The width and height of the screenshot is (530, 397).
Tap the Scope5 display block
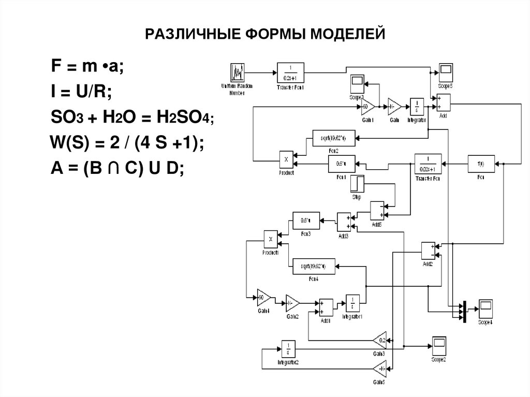click(x=446, y=71)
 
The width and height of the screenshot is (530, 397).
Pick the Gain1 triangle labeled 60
click(x=368, y=107)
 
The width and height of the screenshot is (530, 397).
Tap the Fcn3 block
click(x=306, y=220)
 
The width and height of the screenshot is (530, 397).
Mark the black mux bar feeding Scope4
click(x=464, y=312)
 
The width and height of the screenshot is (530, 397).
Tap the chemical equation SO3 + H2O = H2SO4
click(x=131, y=118)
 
